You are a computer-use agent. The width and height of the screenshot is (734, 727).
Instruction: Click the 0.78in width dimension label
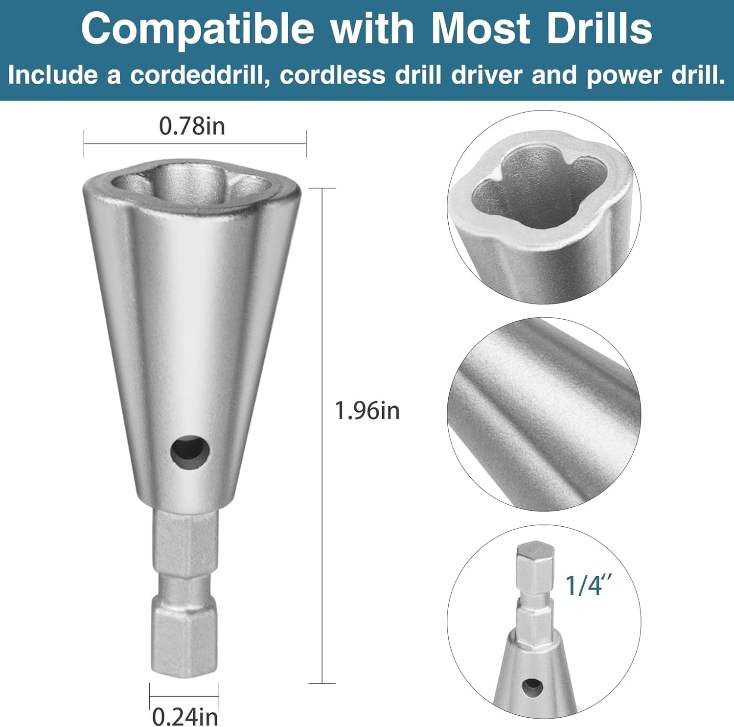coord(192,126)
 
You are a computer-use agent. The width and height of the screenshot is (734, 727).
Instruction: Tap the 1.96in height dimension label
coord(367,410)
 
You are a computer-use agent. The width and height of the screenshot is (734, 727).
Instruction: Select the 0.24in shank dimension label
coord(185,717)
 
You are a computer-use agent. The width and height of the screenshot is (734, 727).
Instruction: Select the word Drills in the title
coord(599,28)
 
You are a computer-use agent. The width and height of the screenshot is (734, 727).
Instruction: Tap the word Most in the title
coord(479,28)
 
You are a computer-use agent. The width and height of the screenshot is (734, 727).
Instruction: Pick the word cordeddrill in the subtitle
coord(200,75)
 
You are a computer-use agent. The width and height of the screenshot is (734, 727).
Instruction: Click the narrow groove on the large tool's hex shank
coord(184,583)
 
